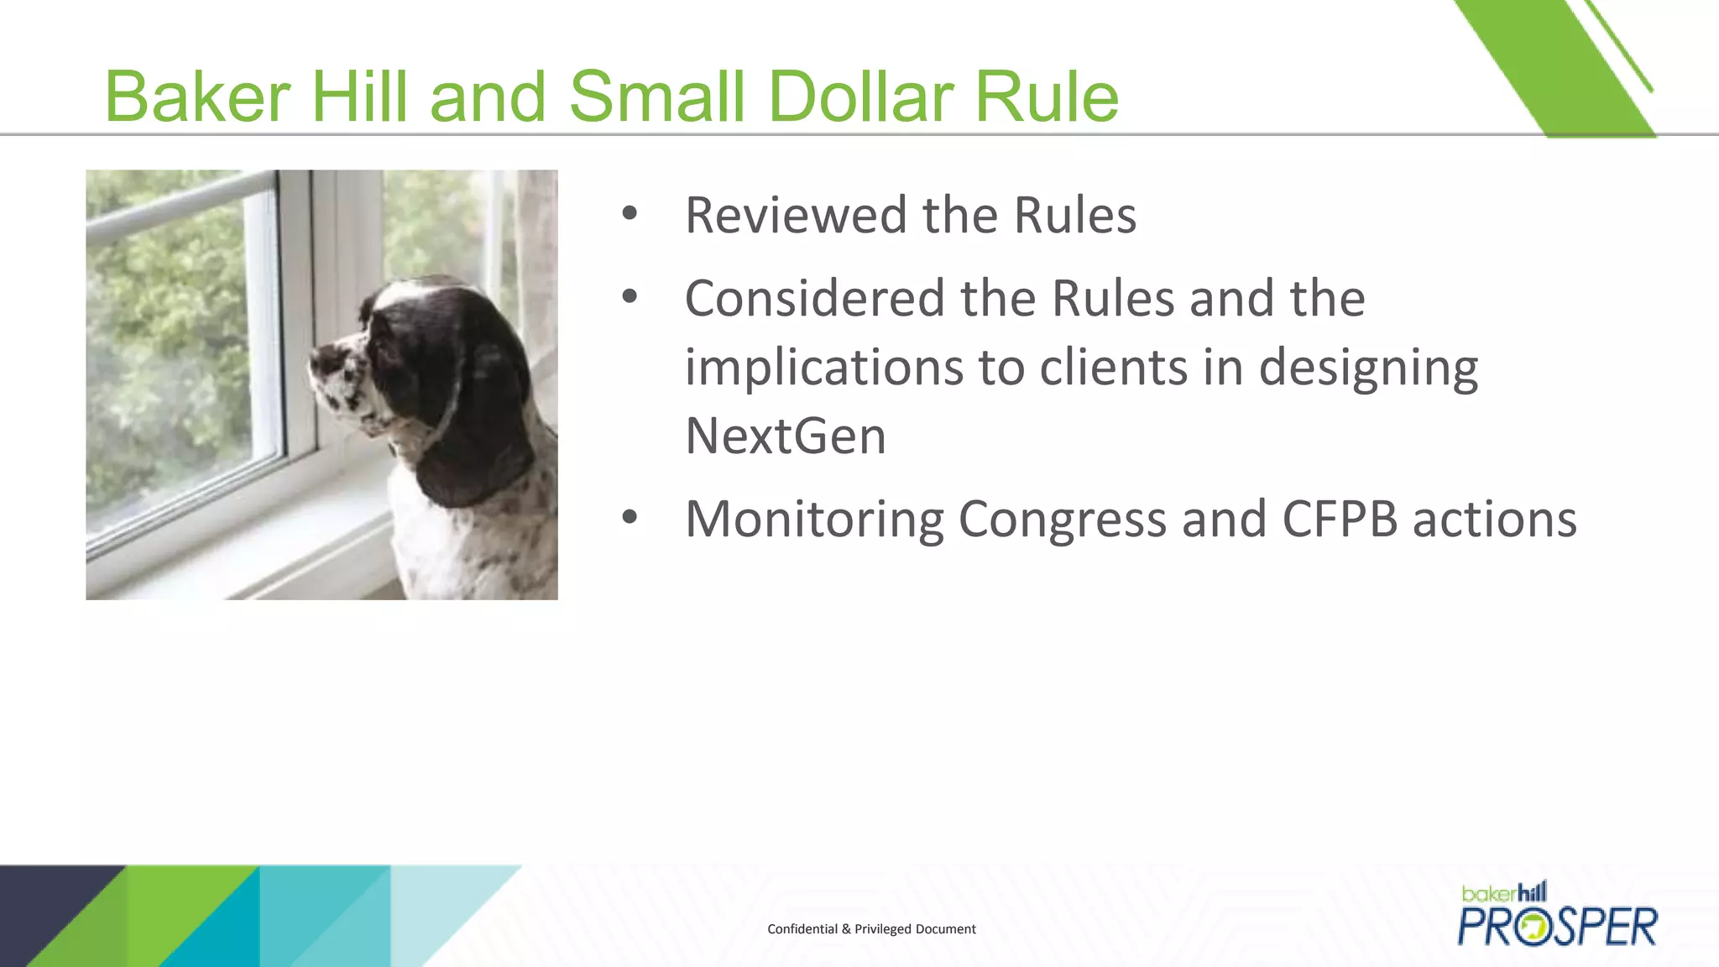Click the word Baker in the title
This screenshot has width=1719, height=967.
(x=196, y=97)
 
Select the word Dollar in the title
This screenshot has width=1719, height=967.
(x=859, y=97)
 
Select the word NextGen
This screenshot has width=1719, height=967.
(x=786, y=436)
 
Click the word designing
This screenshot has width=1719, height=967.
(x=1368, y=369)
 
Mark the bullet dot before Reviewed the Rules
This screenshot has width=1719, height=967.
(x=630, y=213)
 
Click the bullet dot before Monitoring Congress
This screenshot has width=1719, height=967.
(x=630, y=517)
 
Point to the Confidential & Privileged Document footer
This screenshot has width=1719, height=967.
(x=871, y=929)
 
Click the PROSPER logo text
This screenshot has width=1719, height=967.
(x=1558, y=927)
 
